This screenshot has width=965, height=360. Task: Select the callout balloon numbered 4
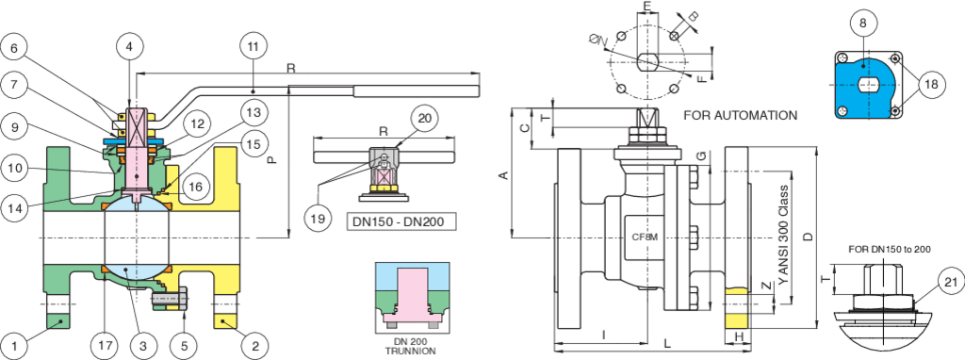[133, 47]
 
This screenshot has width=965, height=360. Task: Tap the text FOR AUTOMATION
[741, 115]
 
